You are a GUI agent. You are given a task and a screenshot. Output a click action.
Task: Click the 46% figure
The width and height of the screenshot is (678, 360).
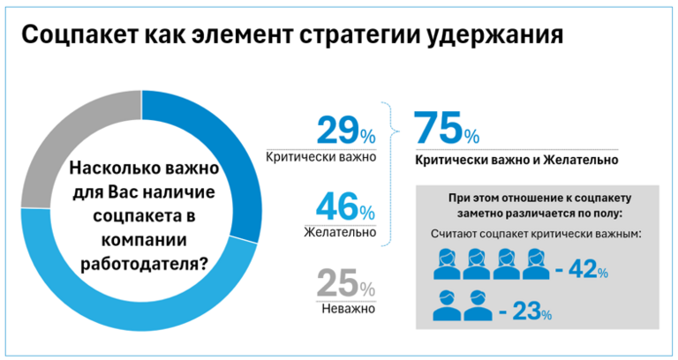click(343, 211)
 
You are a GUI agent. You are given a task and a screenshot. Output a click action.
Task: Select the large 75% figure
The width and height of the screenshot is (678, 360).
click(447, 130)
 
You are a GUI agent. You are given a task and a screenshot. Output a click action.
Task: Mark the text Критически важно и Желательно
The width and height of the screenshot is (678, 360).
click(516, 161)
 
